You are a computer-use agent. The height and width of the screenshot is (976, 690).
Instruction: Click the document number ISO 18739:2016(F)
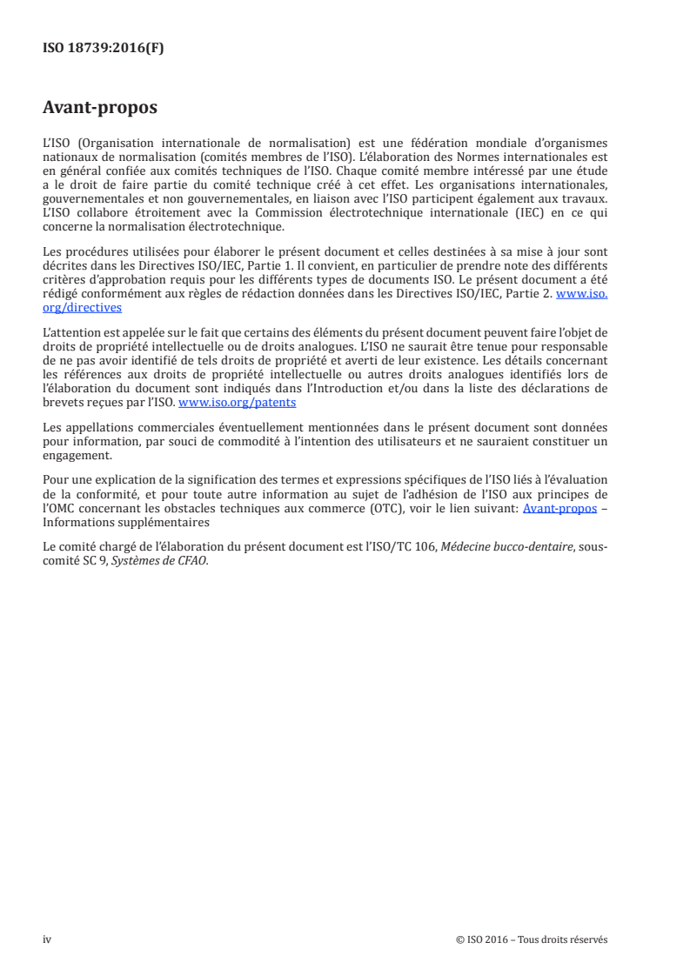(103, 49)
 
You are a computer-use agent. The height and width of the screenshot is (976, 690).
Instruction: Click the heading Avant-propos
(99, 109)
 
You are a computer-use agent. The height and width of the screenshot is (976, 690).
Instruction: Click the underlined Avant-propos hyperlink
(559, 507)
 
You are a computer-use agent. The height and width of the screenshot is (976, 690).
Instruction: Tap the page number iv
(47, 939)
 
